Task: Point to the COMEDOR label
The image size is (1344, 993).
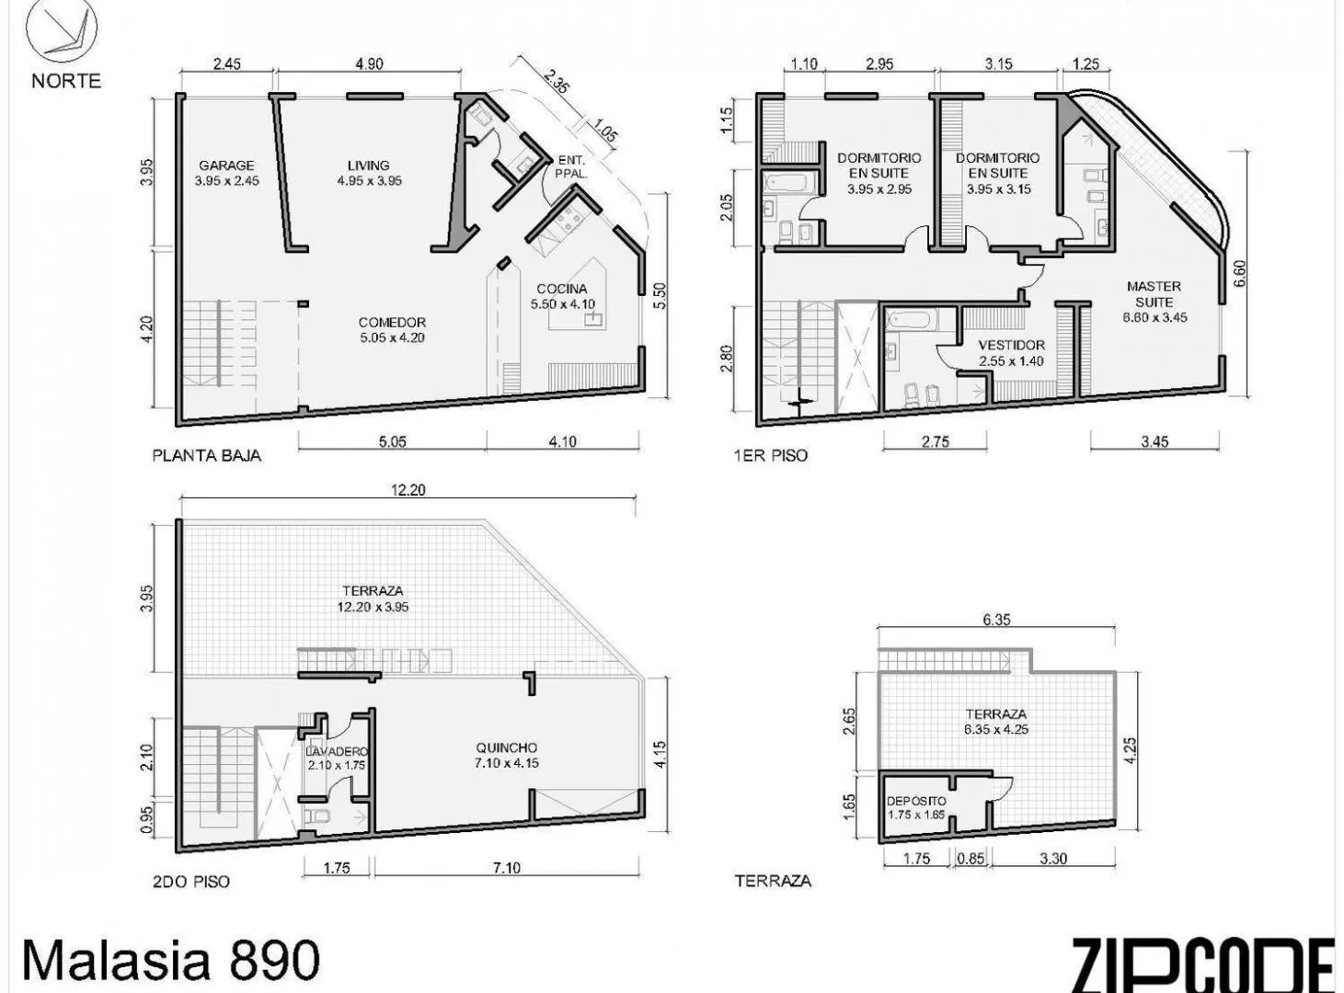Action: (392, 323)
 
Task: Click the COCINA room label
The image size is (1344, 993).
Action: (562, 290)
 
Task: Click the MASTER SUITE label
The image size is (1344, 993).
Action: (1154, 294)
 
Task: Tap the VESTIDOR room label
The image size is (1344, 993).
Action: (1011, 346)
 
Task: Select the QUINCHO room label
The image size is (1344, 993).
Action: (507, 748)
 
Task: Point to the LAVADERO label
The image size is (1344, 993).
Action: (337, 751)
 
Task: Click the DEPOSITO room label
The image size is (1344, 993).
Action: (916, 801)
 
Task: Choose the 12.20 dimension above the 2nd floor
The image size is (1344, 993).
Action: (408, 489)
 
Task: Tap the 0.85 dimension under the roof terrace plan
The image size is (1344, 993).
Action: (971, 859)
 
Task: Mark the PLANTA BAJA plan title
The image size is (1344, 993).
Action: (207, 456)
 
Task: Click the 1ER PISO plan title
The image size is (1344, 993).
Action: (771, 456)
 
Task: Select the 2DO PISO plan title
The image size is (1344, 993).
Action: (191, 882)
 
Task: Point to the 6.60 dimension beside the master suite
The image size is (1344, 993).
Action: (1239, 273)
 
